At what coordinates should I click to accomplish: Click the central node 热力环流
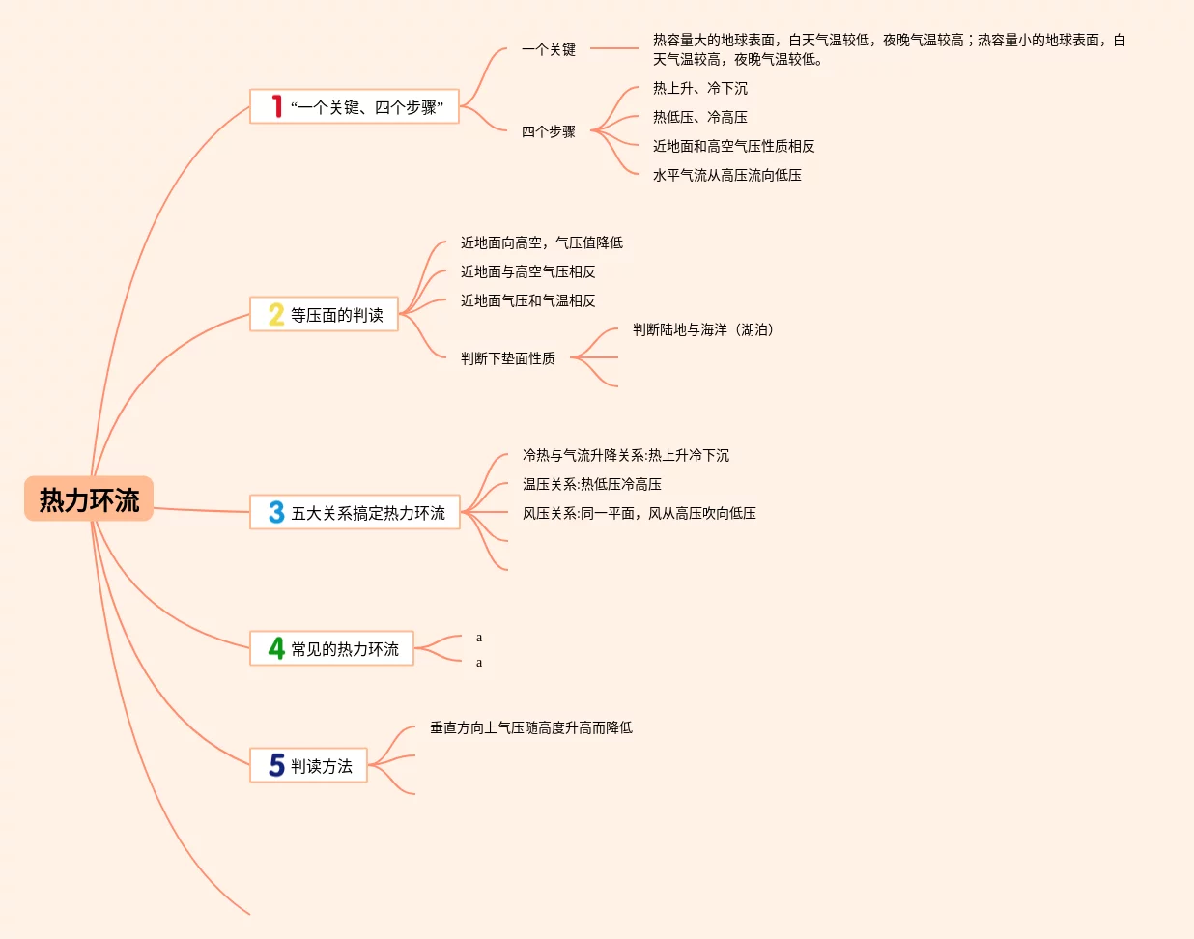pyautogui.click(x=89, y=499)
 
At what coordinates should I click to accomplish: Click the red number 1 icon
pyautogui.click(x=276, y=106)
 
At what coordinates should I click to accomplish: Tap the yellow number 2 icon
pyautogui.click(x=276, y=314)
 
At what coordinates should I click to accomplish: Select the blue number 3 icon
pyautogui.click(x=276, y=512)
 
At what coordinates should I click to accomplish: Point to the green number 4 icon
pyautogui.click(x=276, y=648)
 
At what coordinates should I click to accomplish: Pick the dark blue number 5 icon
pyautogui.click(x=276, y=765)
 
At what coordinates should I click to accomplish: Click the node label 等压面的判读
pyautogui.click(x=337, y=315)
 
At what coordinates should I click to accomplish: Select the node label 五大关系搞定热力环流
pyautogui.click(x=368, y=513)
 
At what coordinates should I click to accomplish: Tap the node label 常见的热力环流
pyautogui.click(x=345, y=649)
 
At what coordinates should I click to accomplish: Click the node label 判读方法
pyautogui.click(x=322, y=766)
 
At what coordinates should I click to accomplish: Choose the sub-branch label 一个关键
pyautogui.click(x=549, y=49)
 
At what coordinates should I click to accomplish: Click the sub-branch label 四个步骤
pyautogui.click(x=549, y=131)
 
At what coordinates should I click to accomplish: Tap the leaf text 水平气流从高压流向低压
pyautogui.click(x=727, y=175)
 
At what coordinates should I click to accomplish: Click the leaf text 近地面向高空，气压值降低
pyautogui.click(x=542, y=242)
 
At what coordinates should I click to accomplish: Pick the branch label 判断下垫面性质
pyautogui.click(x=508, y=358)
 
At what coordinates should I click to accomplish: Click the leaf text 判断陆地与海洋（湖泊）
pyautogui.click(x=704, y=329)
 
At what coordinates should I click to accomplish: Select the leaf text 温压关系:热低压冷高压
pyautogui.click(x=592, y=484)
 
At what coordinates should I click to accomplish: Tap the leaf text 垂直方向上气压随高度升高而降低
pyautogui.click(x=531, y=727)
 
